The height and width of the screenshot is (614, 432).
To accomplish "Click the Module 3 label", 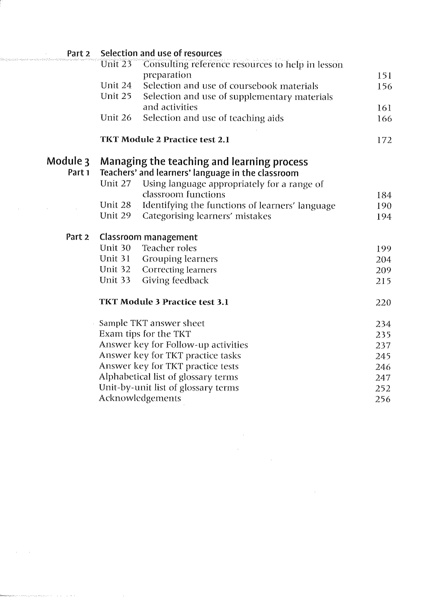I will point(68,161).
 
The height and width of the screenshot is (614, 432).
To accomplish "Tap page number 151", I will point(384,76).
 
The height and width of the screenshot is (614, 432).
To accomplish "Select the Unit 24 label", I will point(116,86).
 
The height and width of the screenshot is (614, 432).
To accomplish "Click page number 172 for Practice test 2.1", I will point(384,140).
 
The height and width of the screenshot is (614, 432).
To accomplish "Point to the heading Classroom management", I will point(148,237).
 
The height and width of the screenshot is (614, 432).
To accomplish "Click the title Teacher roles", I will point(169,248).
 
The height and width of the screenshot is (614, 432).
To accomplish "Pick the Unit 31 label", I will point(115,259).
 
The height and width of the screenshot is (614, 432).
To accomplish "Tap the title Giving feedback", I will point(175,280).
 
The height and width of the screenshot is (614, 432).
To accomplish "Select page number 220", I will point(383,302).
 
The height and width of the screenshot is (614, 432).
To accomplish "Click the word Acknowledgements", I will point(140,398).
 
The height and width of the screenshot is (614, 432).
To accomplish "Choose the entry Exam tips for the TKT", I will point(145,334).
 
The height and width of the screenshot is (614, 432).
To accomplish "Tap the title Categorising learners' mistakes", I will point(207,216).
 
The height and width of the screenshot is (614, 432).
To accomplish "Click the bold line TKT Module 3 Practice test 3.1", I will point(164,302).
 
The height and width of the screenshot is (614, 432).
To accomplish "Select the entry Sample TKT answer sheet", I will point(152,323).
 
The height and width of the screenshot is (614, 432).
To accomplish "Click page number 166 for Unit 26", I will point(384,118).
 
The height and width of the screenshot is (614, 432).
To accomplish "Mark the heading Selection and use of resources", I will point(161,53).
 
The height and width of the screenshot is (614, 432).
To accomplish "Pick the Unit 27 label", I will point(115,183).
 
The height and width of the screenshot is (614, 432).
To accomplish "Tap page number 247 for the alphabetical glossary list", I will point(383,378).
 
